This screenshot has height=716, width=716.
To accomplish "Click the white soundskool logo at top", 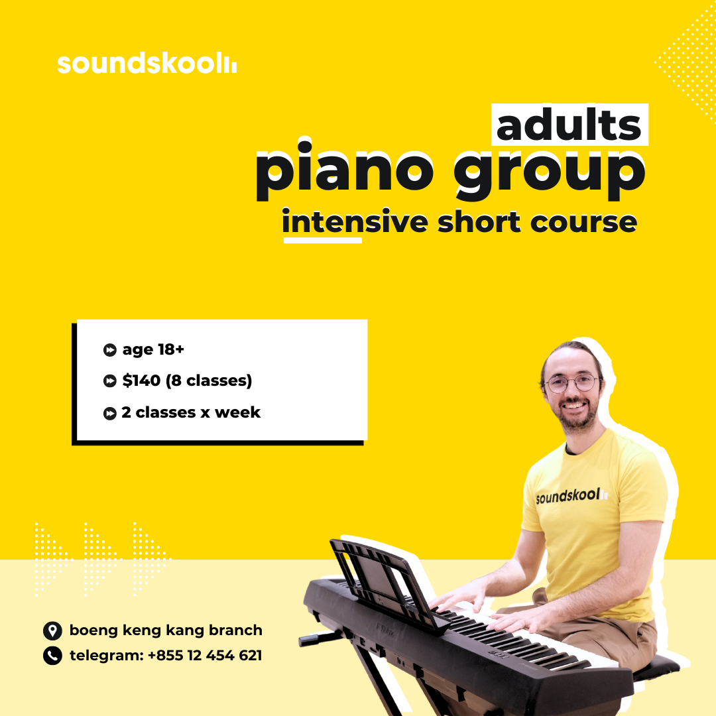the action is [x=147, y=63].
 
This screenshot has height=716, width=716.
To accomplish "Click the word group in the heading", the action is [x=550, y=175].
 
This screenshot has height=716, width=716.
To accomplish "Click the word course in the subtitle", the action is [x=583, y=222].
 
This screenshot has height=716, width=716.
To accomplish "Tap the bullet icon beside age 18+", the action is [x=109, y=350].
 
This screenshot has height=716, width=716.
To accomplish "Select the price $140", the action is [x=141, y=380].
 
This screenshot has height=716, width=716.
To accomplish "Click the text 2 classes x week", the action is [x=191, y=412].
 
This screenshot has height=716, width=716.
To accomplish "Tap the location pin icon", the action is [x=52, y=630].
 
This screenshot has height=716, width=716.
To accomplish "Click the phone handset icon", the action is [x=52, y=656].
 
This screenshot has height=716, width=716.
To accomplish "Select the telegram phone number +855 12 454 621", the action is [x=205, y=655].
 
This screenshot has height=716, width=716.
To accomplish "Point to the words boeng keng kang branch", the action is [x=166, y=630].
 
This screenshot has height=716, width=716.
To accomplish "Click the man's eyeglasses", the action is [x=571, y=383].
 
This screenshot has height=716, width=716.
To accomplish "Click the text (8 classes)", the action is [x=209, y=381].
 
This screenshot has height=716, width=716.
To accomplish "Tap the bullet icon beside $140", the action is [x=109, y=381].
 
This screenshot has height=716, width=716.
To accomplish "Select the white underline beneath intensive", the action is [x=323, y=240].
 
